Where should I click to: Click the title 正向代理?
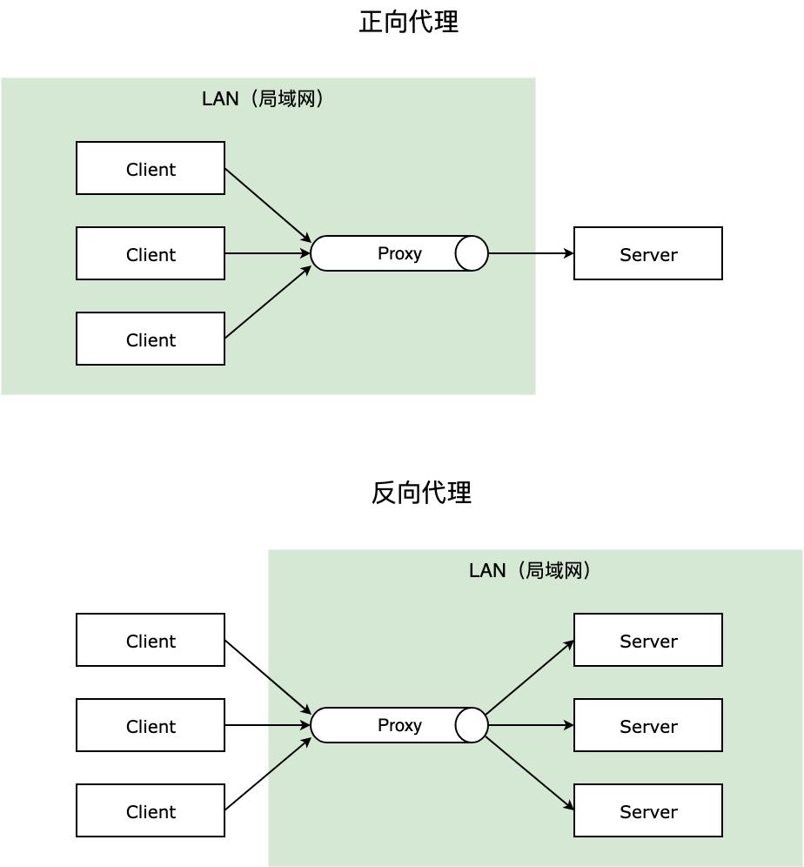[x=408, y=23]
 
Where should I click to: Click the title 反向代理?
[x=421, y=493]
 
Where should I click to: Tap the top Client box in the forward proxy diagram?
[x=151, y=168]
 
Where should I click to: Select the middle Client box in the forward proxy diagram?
[x=151, y=253]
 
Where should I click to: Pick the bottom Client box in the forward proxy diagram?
[x=151, y=339]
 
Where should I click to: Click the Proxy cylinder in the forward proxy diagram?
[x=399, y=253]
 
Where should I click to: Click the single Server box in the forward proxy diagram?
[x=647, y=253]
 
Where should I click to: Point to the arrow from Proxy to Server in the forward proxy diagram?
[x=531, y=253]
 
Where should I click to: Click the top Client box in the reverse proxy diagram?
[x=151, y=640]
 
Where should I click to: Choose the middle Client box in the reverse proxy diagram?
[x=151, y=725]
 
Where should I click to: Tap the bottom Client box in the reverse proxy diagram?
[x=151, y=810]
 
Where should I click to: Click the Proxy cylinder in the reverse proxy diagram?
[x=399, y=725]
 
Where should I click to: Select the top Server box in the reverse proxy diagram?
[x=647, y=640]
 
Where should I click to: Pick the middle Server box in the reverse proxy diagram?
[x=647, y=725]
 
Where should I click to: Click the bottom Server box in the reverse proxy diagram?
[x=647, y=810]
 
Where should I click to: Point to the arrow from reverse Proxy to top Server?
[x=530, y=677]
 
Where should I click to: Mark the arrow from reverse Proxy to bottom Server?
[x=530, y=774]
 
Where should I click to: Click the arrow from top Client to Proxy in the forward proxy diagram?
[x=268, y=205]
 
